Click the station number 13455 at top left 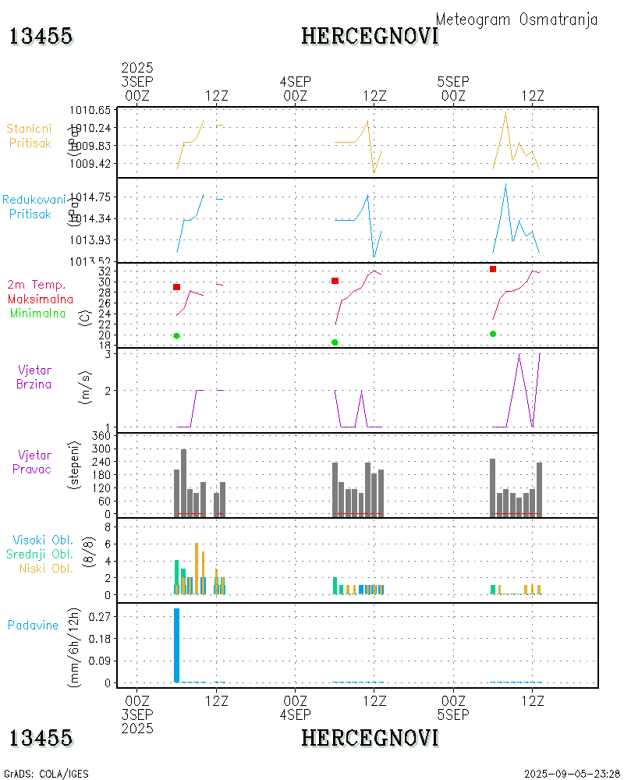[x=41, y=36]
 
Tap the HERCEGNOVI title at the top [x=370, y=36]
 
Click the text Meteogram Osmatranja [x=516, y=19]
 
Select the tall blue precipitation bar [x=177, y=645]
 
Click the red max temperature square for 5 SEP [x=493, y=269]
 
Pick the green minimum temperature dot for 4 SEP [x=335, y=342]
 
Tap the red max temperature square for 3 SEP [x=177, y=287]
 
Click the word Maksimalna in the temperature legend [x=41, y=299]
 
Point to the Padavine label [x=33, y=625]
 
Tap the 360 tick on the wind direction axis [x=104, y=435]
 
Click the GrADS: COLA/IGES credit [x=46, y=774]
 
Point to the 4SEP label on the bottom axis [x=296, y=714]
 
